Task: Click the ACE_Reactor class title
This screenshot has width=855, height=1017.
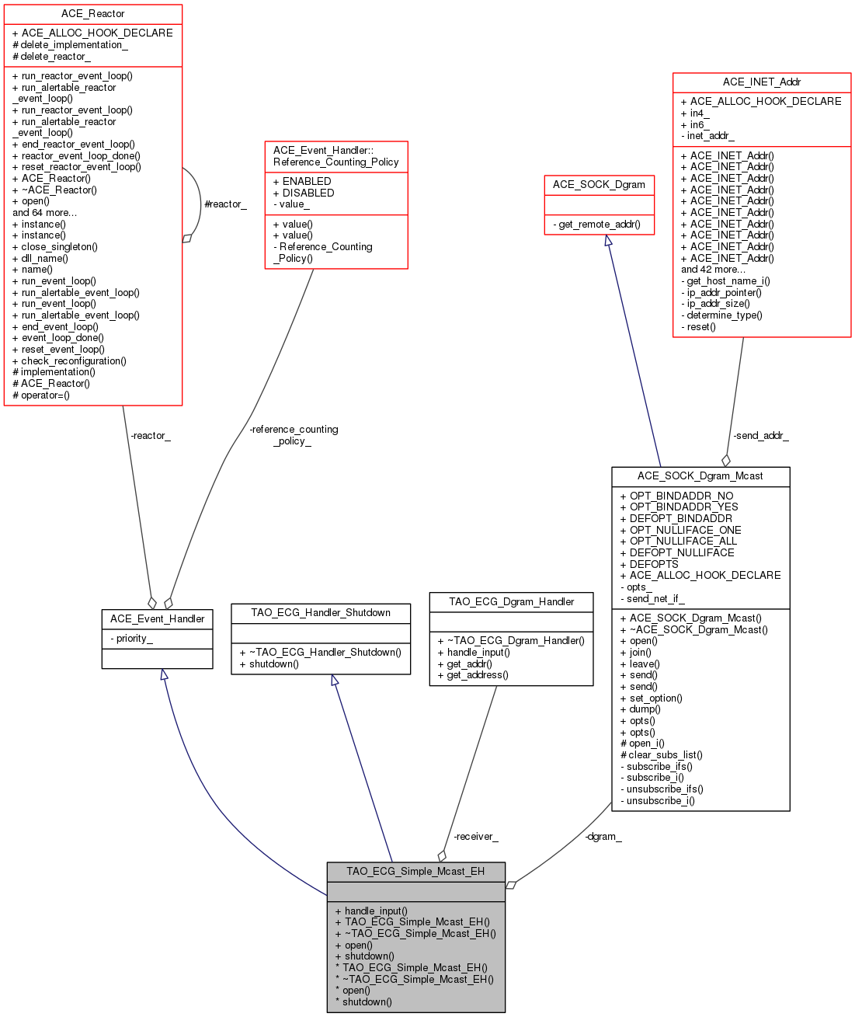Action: click(92, 14)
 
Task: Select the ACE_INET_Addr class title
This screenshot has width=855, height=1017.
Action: click(761, 82)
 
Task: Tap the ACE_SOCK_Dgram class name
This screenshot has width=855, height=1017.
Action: click(599, 184)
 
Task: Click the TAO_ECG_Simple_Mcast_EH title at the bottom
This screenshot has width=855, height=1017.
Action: click(415, 871)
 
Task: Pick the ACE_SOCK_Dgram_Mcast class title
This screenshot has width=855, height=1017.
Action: click(700, 475)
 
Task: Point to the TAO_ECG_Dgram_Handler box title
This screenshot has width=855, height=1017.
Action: click(511, 601)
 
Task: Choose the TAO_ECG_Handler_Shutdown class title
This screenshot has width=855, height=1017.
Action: click(320, 612)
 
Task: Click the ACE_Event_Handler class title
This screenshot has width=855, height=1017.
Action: click(157, 618)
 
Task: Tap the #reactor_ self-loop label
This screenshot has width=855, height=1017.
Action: click(225, 204)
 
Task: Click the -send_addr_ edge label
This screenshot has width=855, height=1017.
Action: click(760, 435)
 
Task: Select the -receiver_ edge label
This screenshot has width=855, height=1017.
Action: click(475, 836)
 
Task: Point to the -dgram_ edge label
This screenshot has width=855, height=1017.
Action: click(603, 836)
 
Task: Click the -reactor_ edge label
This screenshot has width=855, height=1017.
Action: click(150, 435)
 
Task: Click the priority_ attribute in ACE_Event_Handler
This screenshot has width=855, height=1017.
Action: click(134, 638)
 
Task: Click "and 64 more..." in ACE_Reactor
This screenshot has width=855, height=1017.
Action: click(44, 212)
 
